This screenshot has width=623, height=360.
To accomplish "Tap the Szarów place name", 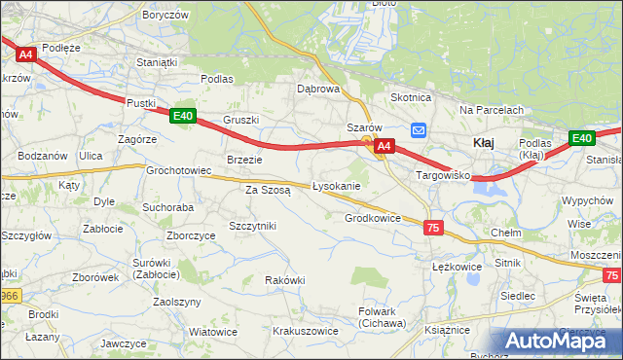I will [x=368, y=127].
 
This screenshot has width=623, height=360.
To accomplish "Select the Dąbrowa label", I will [x=318, y=89].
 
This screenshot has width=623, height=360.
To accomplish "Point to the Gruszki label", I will [x=240, y=120].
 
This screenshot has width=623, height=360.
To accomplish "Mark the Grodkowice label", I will [x=373, y=219].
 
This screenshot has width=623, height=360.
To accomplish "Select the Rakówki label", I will [x=285, y=280].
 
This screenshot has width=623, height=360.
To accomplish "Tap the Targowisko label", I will [x=444, y=176].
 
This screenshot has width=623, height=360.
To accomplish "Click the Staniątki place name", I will [x=157, y=62].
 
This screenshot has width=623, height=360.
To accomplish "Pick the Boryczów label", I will [x=165, y=16].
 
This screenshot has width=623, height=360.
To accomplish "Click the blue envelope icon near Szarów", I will [x=419, y=130].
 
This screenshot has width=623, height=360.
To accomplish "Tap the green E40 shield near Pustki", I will [x=182, y=117].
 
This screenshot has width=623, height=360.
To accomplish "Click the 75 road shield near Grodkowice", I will [x=434, y=227].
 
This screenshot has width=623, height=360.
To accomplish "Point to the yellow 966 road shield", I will [x=9, y=294].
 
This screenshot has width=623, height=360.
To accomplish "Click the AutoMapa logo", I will [x=556, y=340].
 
